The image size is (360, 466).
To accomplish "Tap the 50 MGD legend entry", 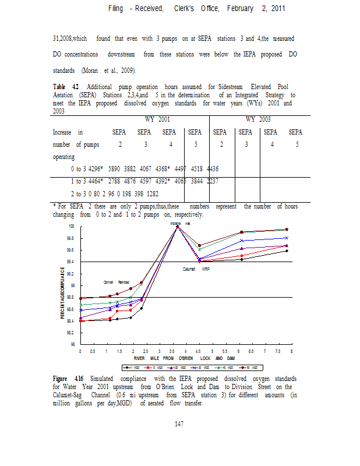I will coord(243,368).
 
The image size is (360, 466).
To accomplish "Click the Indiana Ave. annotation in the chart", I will coord(181,223).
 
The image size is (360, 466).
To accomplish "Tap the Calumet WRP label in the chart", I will coord(197,269).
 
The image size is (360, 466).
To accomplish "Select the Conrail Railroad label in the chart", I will coord(116,282).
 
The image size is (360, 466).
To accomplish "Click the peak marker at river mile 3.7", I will coord(177,227).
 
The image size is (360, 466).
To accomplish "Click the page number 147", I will coord(179,423).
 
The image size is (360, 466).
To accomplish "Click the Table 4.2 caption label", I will coord(65,86).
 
